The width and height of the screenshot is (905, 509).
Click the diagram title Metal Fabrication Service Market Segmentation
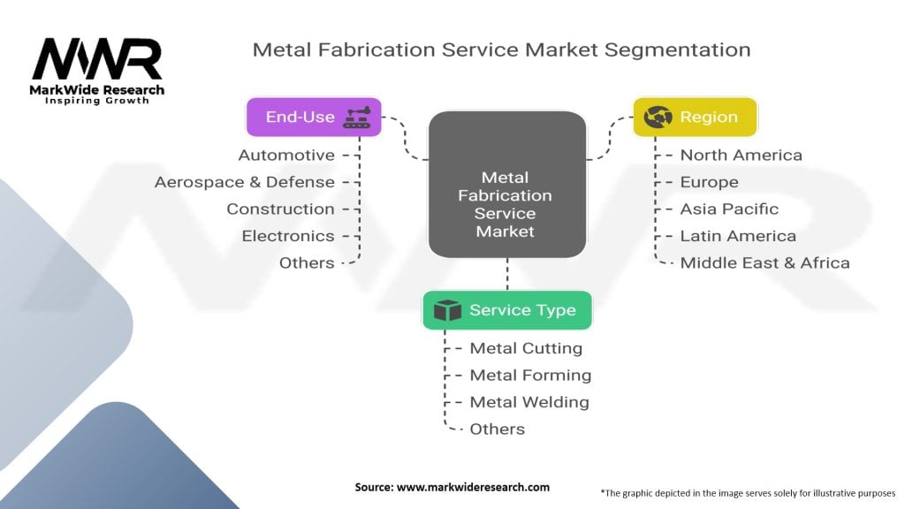pos(501,49)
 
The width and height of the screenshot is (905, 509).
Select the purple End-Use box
pos(314,117)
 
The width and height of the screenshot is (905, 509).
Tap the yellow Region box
pos(696,117)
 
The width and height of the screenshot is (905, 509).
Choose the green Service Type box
pos(506,310)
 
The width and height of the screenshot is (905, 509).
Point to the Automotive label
pos(286,156)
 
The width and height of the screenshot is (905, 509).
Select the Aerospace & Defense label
pos(245,182)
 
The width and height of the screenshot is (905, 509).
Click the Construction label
pos(280,209)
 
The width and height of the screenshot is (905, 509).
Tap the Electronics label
pos(288,236)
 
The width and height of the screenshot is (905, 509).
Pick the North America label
pos(741,156)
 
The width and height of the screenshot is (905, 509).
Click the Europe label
pos(709,182)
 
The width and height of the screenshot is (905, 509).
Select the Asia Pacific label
pos(729,209)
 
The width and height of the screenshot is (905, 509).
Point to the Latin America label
pos(738,236)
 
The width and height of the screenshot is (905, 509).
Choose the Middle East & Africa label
pos(764,262)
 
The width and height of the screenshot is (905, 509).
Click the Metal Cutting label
pos(526,348)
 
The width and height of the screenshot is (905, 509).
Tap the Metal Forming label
pos(530,376)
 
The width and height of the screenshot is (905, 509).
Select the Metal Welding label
pos(529,402)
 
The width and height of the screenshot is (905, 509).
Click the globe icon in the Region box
pos(658,117)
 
